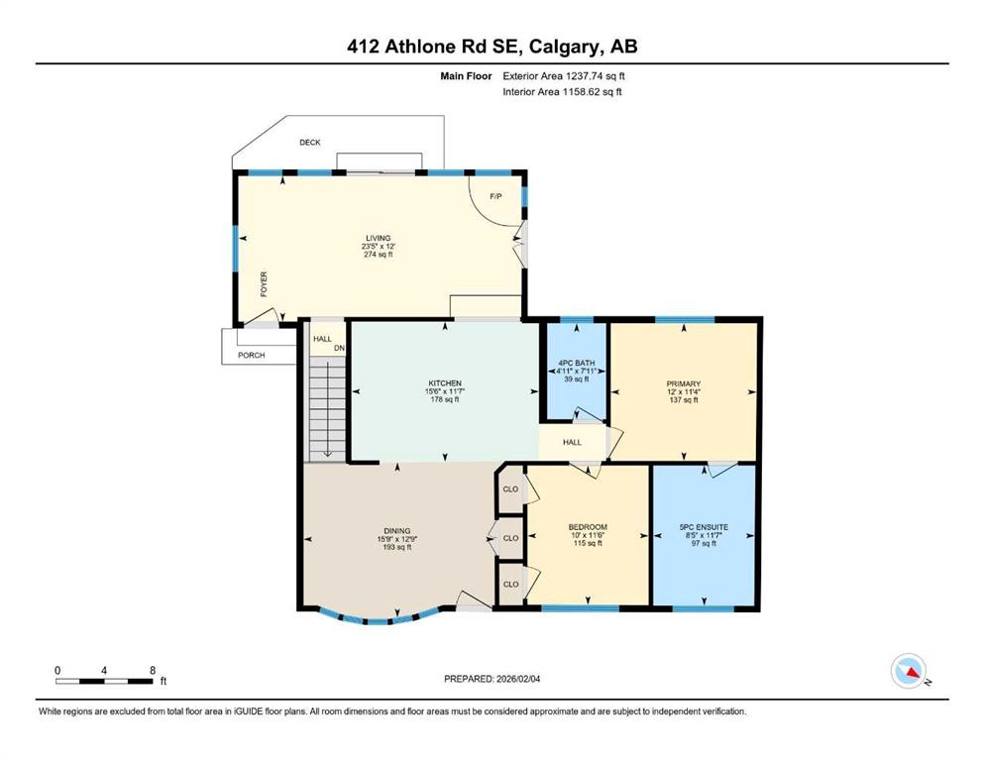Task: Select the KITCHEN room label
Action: [x=445, y=383]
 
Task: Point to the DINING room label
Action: [x=396, y=530]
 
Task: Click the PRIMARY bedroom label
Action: [x=684, y=383]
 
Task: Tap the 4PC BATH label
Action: [x=574, y=363]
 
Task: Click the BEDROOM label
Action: [x=587, y=527]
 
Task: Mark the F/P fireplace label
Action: [x=495, y=196]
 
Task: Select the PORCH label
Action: [x=251, y=355]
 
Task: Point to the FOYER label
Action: [x=264, y=284]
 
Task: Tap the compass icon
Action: [x=909, y=672]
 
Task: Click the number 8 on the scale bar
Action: [x=152, y=670]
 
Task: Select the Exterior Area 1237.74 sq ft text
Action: [x=563, y=76]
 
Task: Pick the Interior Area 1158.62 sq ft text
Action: [x=563, y=92]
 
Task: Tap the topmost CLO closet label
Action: [x=511, y=489]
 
